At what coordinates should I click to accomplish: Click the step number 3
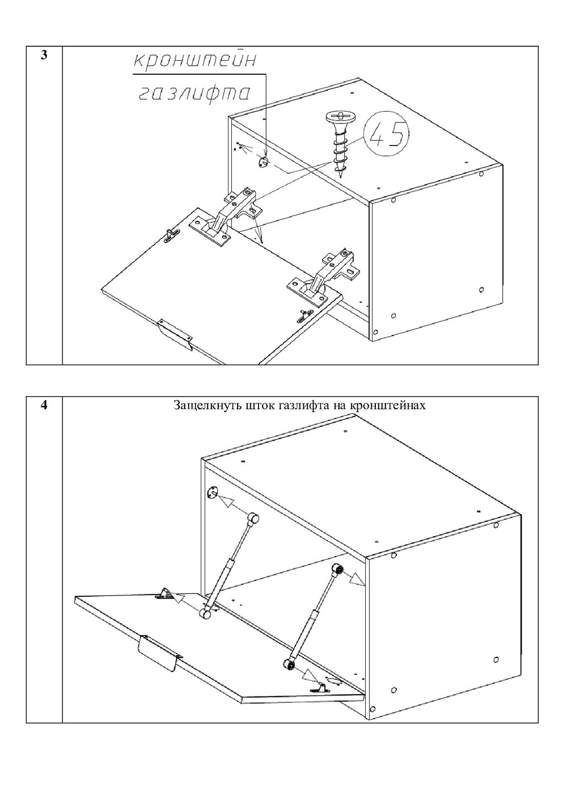(44, 56)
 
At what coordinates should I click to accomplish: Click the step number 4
(44, 406)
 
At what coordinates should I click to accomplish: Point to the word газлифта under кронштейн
(194, 94)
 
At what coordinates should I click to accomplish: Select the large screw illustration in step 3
(339, 145)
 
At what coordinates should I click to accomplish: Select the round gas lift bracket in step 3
(263, 162)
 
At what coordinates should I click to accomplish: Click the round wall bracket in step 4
(211, 493)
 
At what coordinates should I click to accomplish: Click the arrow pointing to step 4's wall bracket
(232, 504)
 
